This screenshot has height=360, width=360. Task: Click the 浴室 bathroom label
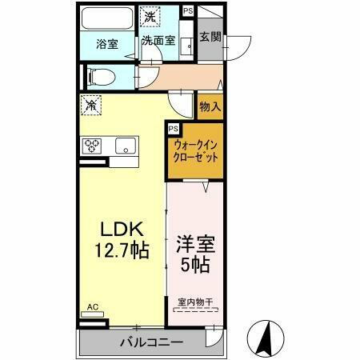(106, 44)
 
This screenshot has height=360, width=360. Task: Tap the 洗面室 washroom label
(158, 43)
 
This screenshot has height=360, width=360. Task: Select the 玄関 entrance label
(210, 37)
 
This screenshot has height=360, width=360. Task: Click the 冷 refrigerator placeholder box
(92, 105)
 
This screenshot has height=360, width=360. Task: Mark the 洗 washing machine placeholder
(150, 16)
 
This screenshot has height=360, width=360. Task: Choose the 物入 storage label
(210, 106)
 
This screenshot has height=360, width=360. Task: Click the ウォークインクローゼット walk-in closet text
(195, 151)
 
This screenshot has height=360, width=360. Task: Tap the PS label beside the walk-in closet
(173, 129)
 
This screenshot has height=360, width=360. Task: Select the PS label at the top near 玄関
(187, 10)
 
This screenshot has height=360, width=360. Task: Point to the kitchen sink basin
(125, 146)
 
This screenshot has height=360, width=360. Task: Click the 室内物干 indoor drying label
(194, 302)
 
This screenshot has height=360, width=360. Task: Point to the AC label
(92, 307)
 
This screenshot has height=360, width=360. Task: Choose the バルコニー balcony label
(152, 342)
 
